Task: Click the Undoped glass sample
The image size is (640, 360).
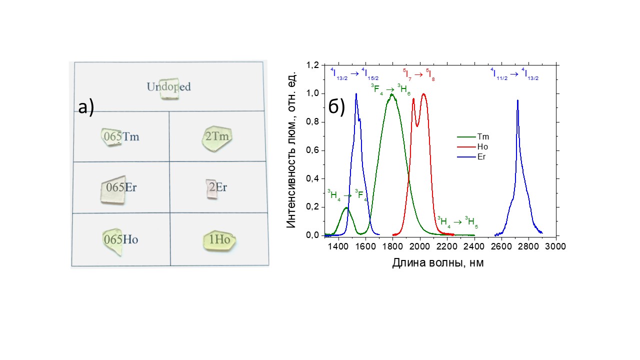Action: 169,88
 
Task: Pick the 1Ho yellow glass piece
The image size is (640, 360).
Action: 219,240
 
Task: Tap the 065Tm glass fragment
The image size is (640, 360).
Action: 110,136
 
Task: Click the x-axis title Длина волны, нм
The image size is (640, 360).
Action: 437,262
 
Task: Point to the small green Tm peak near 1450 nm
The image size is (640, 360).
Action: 346,208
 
